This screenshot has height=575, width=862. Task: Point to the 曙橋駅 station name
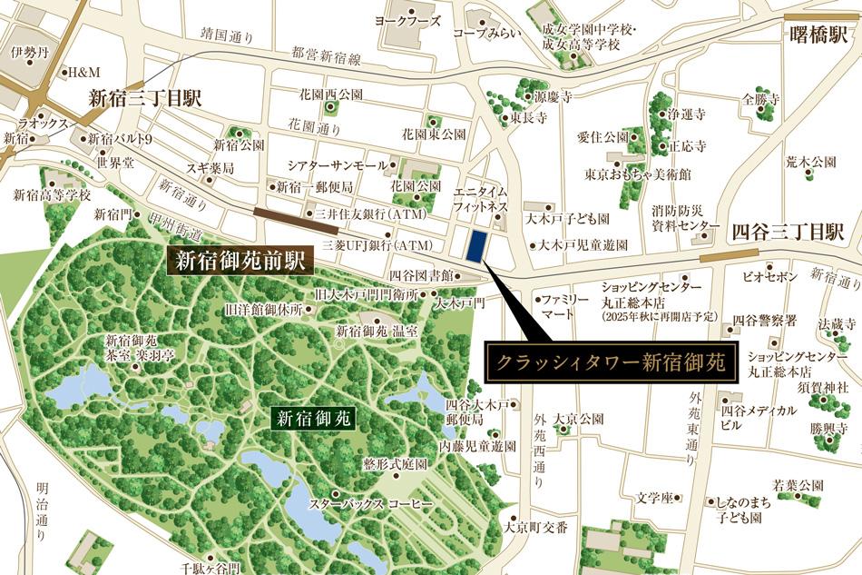click(818, 35)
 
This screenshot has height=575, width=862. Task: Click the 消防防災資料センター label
click(686, 218)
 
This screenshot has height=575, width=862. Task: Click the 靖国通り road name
click(227, 37)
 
